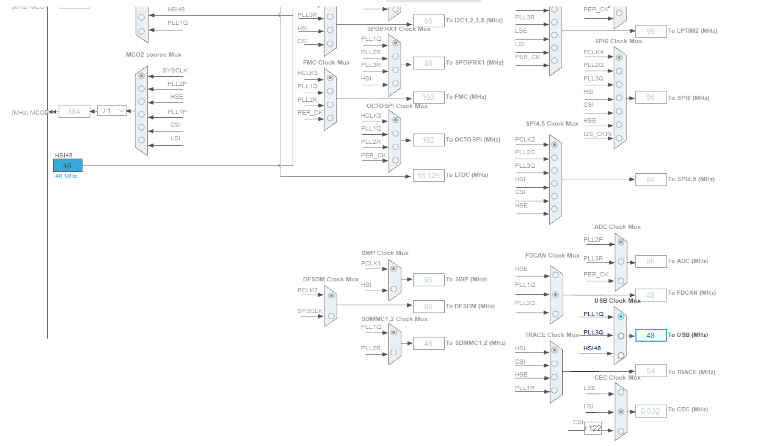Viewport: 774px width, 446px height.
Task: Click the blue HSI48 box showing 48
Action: click(68, 165)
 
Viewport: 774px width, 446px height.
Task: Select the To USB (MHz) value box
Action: click(650, 335)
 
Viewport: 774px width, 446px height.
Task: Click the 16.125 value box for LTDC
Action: click(428, 175)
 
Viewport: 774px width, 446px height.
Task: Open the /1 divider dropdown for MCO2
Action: click(112, 111)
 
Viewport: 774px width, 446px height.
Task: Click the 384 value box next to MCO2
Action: click(74, 111)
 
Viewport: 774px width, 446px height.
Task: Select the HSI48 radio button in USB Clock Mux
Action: click(621, 355)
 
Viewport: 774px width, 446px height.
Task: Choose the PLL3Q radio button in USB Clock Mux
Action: click(621, 336)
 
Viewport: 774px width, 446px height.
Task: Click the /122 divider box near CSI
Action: click(593, 428)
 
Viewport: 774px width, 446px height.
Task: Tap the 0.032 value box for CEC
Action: click(650, 411)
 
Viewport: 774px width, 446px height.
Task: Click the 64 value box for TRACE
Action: click(650, 371)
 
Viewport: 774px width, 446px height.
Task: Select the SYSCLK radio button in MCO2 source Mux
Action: click(141, 76)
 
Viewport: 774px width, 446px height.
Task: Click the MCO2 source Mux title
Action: click(153, 55)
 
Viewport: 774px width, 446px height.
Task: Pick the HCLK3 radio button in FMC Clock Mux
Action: click(330, 78)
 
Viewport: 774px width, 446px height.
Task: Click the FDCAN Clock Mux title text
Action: click(552, 256)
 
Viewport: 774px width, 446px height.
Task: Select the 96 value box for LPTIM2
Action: click(650, 31)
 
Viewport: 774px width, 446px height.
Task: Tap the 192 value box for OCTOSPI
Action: click(428, 140)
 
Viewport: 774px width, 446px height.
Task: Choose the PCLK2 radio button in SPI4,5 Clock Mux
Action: click(554, 145)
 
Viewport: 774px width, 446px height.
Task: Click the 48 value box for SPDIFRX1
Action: click(428, 63)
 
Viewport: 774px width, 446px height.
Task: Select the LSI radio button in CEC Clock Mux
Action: click(621, 411)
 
